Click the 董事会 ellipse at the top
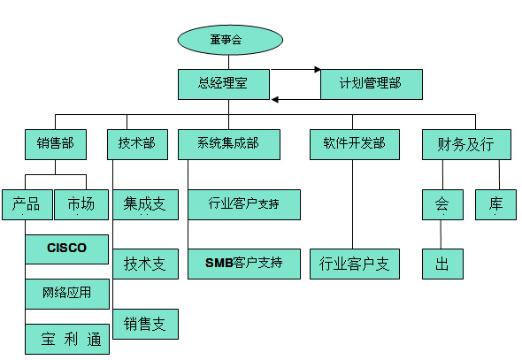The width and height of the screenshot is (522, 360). (230, 40)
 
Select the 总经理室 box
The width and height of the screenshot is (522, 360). (224, 84)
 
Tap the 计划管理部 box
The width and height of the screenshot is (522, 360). (372, 84)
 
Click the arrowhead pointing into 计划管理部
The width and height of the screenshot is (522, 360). (318, 70)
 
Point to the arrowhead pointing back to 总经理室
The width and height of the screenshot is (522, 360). (274, 99)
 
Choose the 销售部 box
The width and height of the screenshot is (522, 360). (56, 144)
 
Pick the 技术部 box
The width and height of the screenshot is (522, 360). (137, 144)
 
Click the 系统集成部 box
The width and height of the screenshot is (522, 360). (229, 144)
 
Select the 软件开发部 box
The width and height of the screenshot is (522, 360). (355, 144)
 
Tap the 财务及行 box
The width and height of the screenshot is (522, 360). (466, 144)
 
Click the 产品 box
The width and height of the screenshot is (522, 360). (27, 204)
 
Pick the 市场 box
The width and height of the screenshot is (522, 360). (81, 204)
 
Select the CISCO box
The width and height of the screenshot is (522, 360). (67, 249)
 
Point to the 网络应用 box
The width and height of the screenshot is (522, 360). (67, 294)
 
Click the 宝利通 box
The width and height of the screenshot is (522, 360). (67, 339)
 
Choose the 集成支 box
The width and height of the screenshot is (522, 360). (145, 204)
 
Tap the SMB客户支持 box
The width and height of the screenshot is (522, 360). (244, 264)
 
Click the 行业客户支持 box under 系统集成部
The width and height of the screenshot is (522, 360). (244, 204)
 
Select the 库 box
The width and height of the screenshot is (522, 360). (495, 204)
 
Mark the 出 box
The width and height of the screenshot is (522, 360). (442, 264)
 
